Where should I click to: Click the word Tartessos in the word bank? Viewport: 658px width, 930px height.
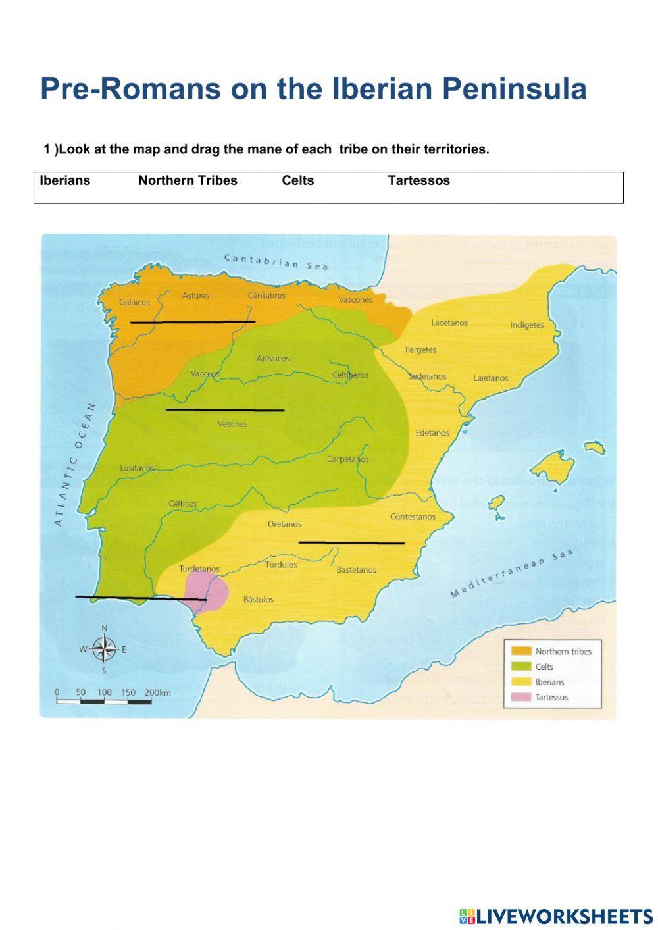418,181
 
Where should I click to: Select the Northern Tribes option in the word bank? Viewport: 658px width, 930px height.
188,181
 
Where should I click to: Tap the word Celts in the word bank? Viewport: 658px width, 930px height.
297,181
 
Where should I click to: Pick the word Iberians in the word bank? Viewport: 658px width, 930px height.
64,181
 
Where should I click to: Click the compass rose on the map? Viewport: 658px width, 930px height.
104,649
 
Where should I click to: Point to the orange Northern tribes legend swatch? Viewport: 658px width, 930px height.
521,651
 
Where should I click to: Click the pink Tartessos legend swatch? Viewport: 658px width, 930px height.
521,697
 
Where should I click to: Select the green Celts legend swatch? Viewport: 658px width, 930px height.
521,667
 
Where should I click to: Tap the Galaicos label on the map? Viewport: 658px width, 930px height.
134,303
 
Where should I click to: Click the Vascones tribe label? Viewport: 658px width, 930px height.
355,300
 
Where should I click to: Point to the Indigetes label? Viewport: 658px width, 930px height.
527,325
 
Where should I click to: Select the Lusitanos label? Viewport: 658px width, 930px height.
137,468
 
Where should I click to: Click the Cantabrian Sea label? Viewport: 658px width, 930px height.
276,261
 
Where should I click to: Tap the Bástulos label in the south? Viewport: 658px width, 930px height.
259,600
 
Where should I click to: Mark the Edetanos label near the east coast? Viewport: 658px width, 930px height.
432,433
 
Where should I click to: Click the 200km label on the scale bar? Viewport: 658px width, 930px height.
157,692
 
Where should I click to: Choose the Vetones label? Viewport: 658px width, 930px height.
232,424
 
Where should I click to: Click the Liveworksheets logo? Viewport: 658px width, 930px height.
555,916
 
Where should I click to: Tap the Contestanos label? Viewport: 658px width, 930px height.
413,517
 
